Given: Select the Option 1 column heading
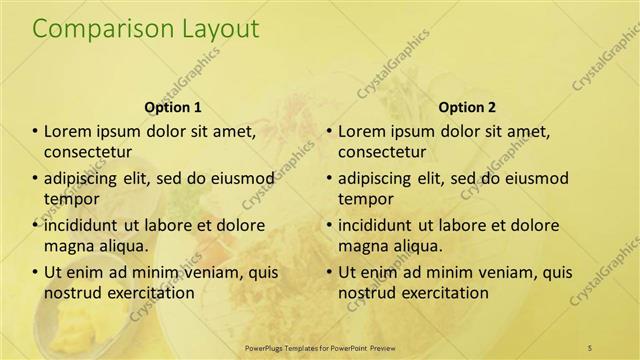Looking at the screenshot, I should click(173, 106).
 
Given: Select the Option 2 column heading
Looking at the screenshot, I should click(466, 106).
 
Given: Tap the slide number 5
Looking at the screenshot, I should click(589, 347).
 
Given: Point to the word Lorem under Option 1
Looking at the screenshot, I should click(68, 132).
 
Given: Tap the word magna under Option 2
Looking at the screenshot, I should click(362, 245).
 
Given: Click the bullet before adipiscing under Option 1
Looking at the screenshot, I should click(35, 179).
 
